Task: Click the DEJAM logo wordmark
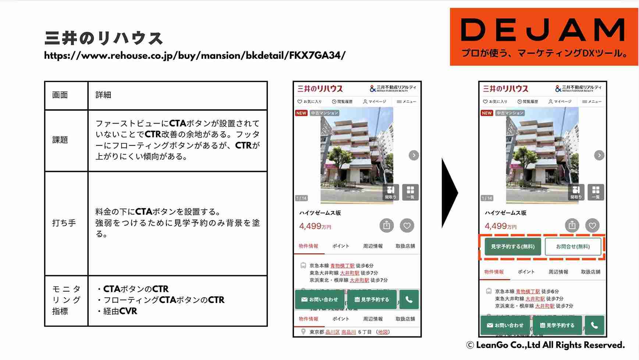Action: coord(543,30)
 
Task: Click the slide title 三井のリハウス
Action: coord(103,38)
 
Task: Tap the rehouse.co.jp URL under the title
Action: coord(195,56)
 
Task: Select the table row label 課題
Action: coord(60,140)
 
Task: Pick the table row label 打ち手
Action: coord(64,223)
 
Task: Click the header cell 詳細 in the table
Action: coord(103,95)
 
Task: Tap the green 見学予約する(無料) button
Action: coord(512,246)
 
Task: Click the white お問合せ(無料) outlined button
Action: coord(573,246)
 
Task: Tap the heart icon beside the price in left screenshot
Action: coord(407,225)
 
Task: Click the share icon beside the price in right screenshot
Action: coord(572,225)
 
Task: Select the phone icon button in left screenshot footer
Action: coord(409,299)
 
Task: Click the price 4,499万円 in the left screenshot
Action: coord(315,227)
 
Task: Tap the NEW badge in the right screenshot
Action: coord(487,113)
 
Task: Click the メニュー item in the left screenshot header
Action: coord(407,101)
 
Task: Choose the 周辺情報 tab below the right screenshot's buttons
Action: coord(558,272)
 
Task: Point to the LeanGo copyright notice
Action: coord(545,345)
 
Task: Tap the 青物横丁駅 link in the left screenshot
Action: coord(342,265)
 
